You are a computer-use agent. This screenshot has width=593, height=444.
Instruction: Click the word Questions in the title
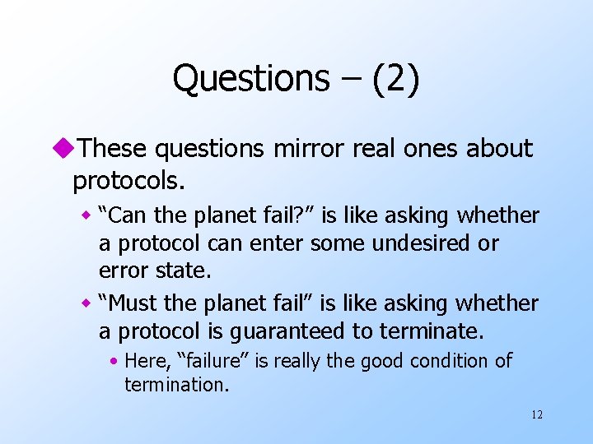[250, 79]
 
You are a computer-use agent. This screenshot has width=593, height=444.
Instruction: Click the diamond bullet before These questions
[65, 149]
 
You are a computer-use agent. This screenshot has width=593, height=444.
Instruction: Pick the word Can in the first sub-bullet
[124, 216]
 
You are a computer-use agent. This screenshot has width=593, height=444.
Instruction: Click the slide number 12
[537, 414]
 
